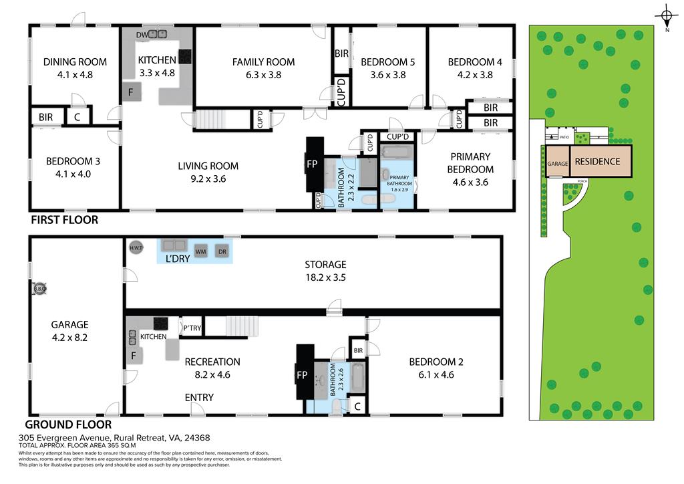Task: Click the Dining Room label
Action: pyautogui.click(x=75, y=62)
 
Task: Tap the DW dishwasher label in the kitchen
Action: pyautogui.click(x=140, y=34)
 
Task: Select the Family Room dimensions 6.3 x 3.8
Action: pyautogui.click(x=263, y=75)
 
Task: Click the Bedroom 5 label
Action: pyautogui.click(x=387, y=62)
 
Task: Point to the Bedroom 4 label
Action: pyautogui.click(x=475, y=62)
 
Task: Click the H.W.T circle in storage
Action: pyautogui.click(x=136, y=247)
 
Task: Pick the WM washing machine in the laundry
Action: pyautogui.click(x=200, y=251)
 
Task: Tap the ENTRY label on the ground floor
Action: pyautogui.click(x=199, y=398)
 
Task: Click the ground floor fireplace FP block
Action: pyautogui.click(x=305, y=375)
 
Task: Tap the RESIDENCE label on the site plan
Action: pyautogui.click(x=597, y=161)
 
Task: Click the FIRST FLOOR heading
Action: pyautogui.click(x=63, y=219)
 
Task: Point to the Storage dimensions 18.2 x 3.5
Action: pyautogui.click(x=325, y=277)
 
